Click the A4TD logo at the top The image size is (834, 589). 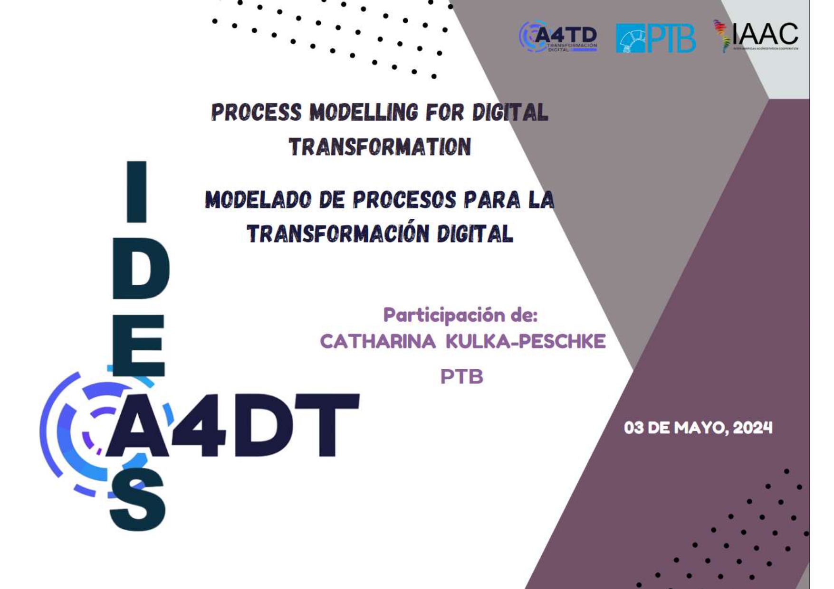pyautogui.click(x=558, y=36)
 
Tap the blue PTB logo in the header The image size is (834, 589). pyautogui.click(x=655, y=38)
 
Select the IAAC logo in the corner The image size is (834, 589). pyautogui.click(x=756, y=36)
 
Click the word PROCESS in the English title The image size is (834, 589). pyautogui.click(x=256, y=112)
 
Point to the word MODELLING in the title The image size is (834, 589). pyautogui.click(x=364, y=112)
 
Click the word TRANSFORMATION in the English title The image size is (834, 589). pyautogui.click(x=380, y=147)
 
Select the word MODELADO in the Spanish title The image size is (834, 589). pyautogui.click(x=259, y=200)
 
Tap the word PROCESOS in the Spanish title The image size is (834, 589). pyautogui.click(x=404, y=200)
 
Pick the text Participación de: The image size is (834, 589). pyautogui.click(x=460, y=315)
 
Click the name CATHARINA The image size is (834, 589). pyautogui.click(x=377, y=342)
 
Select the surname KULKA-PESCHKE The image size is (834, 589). pyautogui.click(x=525, y=342)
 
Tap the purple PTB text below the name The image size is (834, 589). pyautogui.click(x=461, y=377)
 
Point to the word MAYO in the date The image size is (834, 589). pyautogui.click(x=700, y=428)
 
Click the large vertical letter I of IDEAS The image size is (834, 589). pyautogui.click(x=137, y=191)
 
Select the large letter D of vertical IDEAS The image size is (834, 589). pyautogui.click(x=141, y=269)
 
